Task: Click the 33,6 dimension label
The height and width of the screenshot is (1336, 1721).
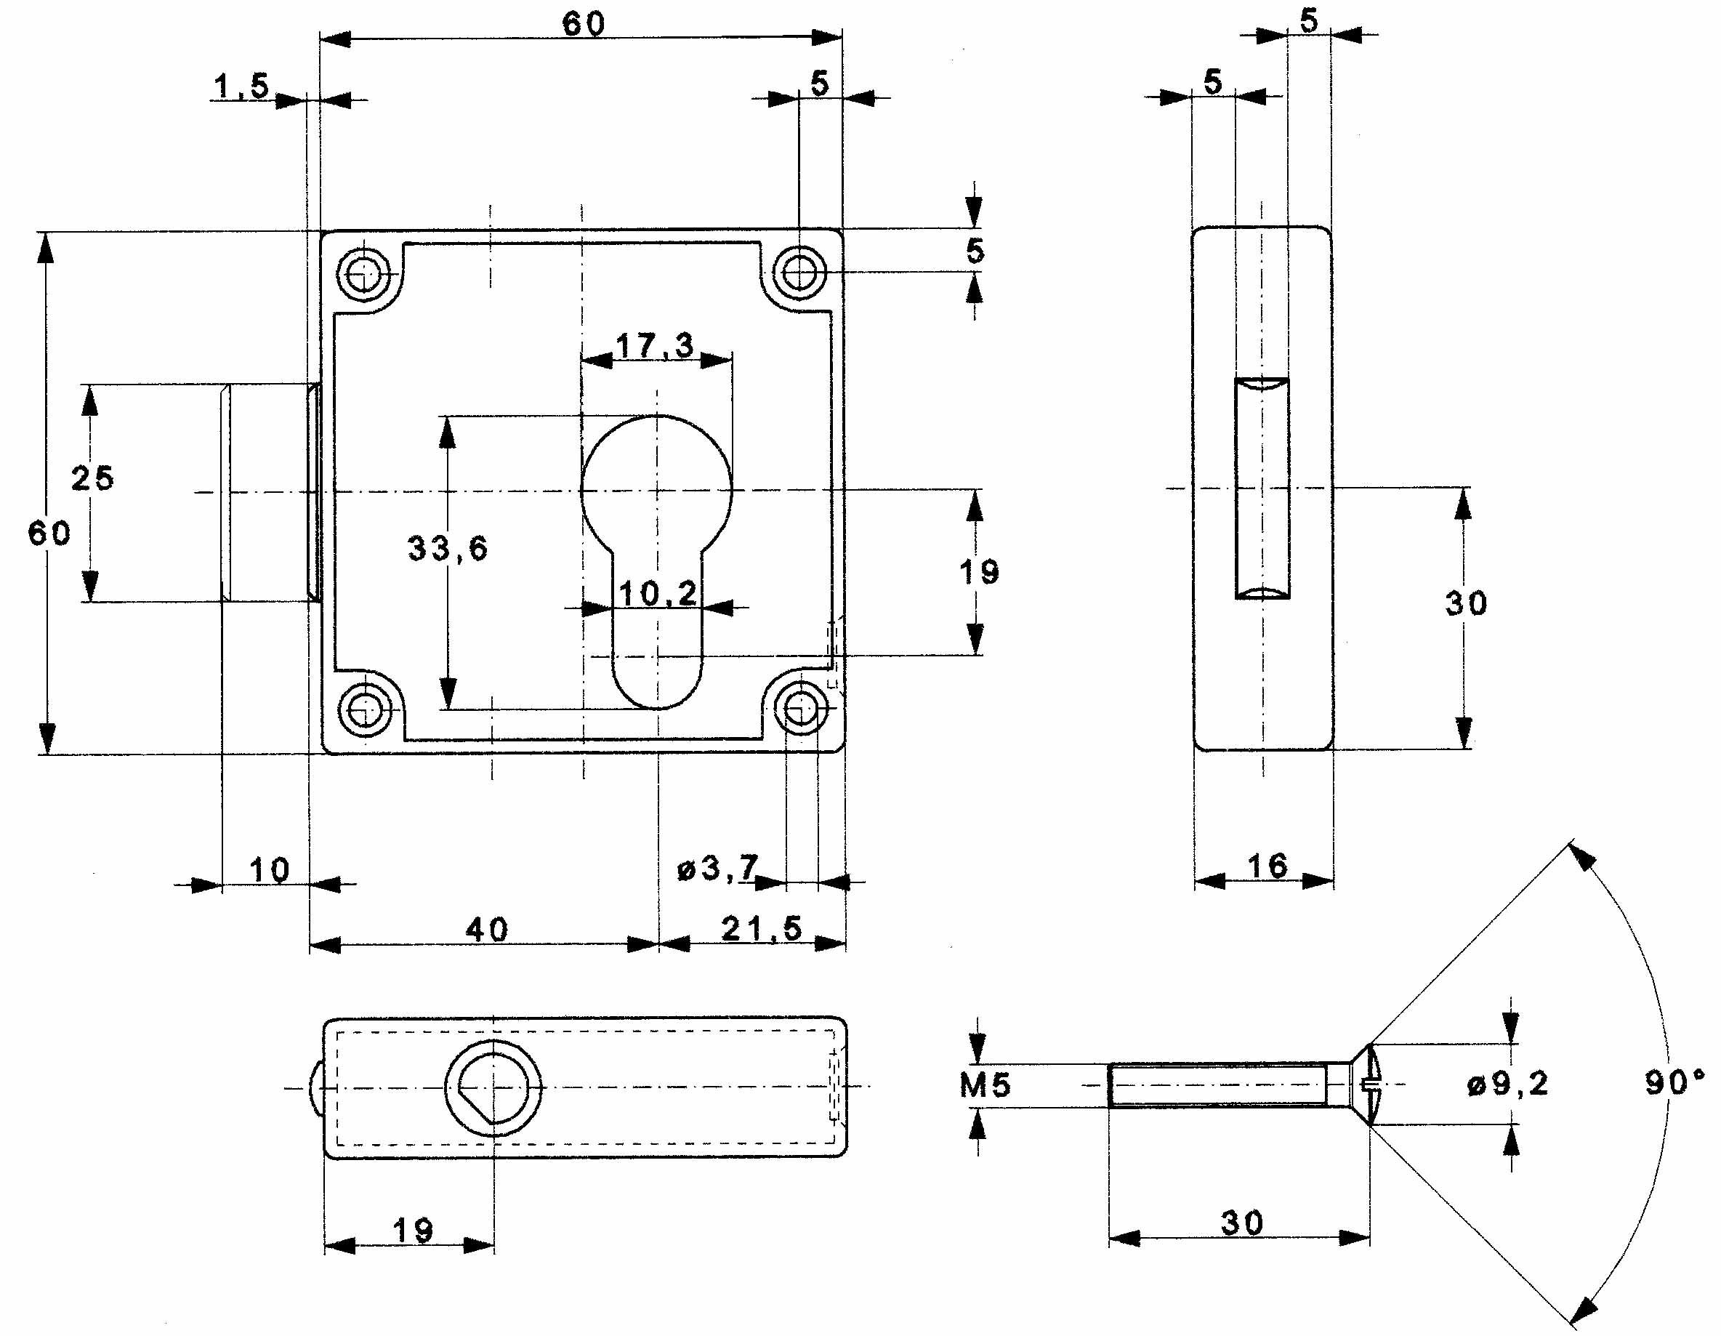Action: tap(447, 549)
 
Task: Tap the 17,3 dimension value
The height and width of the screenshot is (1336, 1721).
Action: tap(654, 345)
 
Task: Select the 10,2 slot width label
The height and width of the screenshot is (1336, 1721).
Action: tap(657, 594)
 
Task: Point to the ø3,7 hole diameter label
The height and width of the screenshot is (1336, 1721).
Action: tap(717, 869)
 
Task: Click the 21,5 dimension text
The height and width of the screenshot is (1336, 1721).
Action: tap(761, 928)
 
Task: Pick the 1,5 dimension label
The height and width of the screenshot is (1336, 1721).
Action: tap(241, 86)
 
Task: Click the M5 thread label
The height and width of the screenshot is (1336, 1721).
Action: tap(984, 1085)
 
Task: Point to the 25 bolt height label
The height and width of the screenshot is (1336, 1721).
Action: tap(92, 478)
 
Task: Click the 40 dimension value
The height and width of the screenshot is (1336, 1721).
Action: tap(486, 930)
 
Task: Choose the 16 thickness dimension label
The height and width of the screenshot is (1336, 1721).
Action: tap(1267, 866)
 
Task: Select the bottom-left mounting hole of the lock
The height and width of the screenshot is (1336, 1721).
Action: tap(364, 710)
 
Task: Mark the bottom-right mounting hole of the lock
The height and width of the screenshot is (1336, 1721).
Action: tap(801, 709)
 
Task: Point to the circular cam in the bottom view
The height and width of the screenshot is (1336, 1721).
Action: tap(493, 1087)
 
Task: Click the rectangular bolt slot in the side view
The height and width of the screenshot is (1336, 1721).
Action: tap(1262, 488)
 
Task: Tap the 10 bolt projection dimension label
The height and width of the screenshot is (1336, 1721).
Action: tap(269, 870)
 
